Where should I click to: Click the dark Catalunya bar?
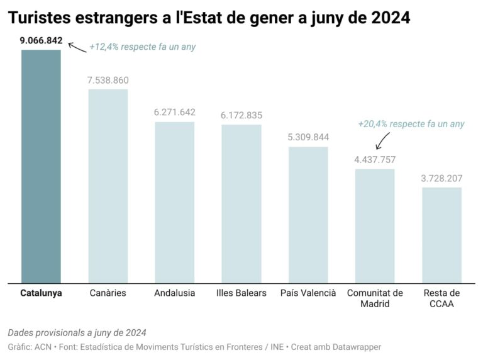click(41, 167)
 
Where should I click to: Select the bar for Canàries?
click(108, 186)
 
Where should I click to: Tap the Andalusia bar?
click(174, 203)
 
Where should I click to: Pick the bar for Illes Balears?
click(241, 204)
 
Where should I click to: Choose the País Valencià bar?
click(308, 215)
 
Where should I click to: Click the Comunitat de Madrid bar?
click(375, 226)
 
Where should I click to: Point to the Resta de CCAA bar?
click(441, 235)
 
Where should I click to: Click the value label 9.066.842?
click(41, 41)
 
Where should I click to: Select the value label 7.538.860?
click(108, 81)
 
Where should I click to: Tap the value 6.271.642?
click(174, 113)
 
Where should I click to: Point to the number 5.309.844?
click(308, 137)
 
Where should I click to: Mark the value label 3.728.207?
click(441, 178)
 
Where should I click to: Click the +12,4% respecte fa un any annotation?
click(142, 47)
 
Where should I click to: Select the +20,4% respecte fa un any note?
click(411, 124)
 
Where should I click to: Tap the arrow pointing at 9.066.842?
click(77, 47)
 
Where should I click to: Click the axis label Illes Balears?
click(241, 293)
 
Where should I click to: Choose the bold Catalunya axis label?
click(41, 293)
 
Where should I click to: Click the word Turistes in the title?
click(40, 18)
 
